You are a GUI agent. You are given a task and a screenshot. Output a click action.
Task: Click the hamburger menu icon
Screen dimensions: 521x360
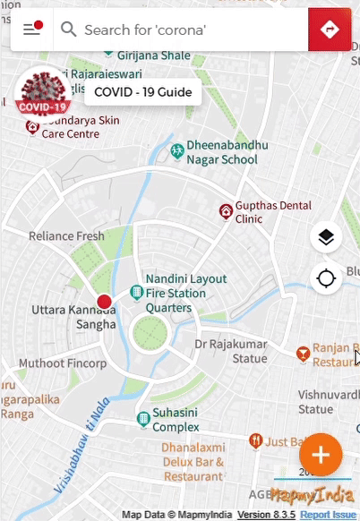click(32, 30)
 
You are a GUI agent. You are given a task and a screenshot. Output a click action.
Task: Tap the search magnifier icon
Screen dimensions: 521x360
click(68, 30)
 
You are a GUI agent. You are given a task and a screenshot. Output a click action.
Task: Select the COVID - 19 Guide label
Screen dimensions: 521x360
click(136, 92)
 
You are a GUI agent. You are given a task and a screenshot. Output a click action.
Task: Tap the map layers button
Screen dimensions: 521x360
click(326, 237)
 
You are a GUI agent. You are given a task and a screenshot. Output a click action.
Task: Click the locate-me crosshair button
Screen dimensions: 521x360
click(326, 278)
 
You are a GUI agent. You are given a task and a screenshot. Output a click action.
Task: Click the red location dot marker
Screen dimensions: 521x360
click(104, 302)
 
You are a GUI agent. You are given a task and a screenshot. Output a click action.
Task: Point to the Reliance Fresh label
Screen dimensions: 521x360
click(66, 236)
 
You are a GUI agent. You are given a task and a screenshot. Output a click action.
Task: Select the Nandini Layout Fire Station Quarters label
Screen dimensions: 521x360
click(176, 293)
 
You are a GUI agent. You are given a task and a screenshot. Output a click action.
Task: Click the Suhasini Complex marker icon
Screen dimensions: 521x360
click(142, 419)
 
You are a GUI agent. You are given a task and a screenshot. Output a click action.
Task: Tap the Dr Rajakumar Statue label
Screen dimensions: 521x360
click(232, 351)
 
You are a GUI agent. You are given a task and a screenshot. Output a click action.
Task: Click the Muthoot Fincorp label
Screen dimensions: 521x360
click(63, 364)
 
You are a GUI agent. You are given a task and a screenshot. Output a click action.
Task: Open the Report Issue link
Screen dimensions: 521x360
click(328, 515)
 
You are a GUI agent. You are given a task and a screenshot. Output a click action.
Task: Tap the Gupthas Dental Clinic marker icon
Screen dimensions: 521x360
click(226, 211)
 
